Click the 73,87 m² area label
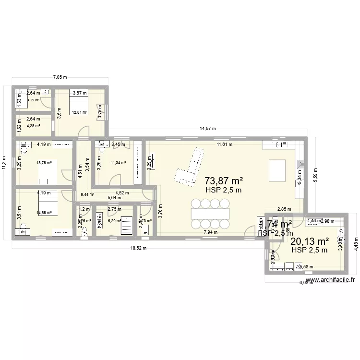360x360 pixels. click(x=223, y=181)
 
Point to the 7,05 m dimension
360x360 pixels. click(x=60, y=77)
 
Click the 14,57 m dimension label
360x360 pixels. click(x=207, y=129)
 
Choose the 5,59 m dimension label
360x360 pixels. click(x=315, y=175)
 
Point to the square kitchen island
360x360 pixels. click(x=278, y=169)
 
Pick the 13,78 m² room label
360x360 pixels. click(x=44, y=163)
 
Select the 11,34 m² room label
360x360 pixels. click(x=119, y=163)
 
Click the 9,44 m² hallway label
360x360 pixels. click(x=87, y=194)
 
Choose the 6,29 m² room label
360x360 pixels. click(x=115, y=221)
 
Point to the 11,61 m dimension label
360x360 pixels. click(x=224, y=144)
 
